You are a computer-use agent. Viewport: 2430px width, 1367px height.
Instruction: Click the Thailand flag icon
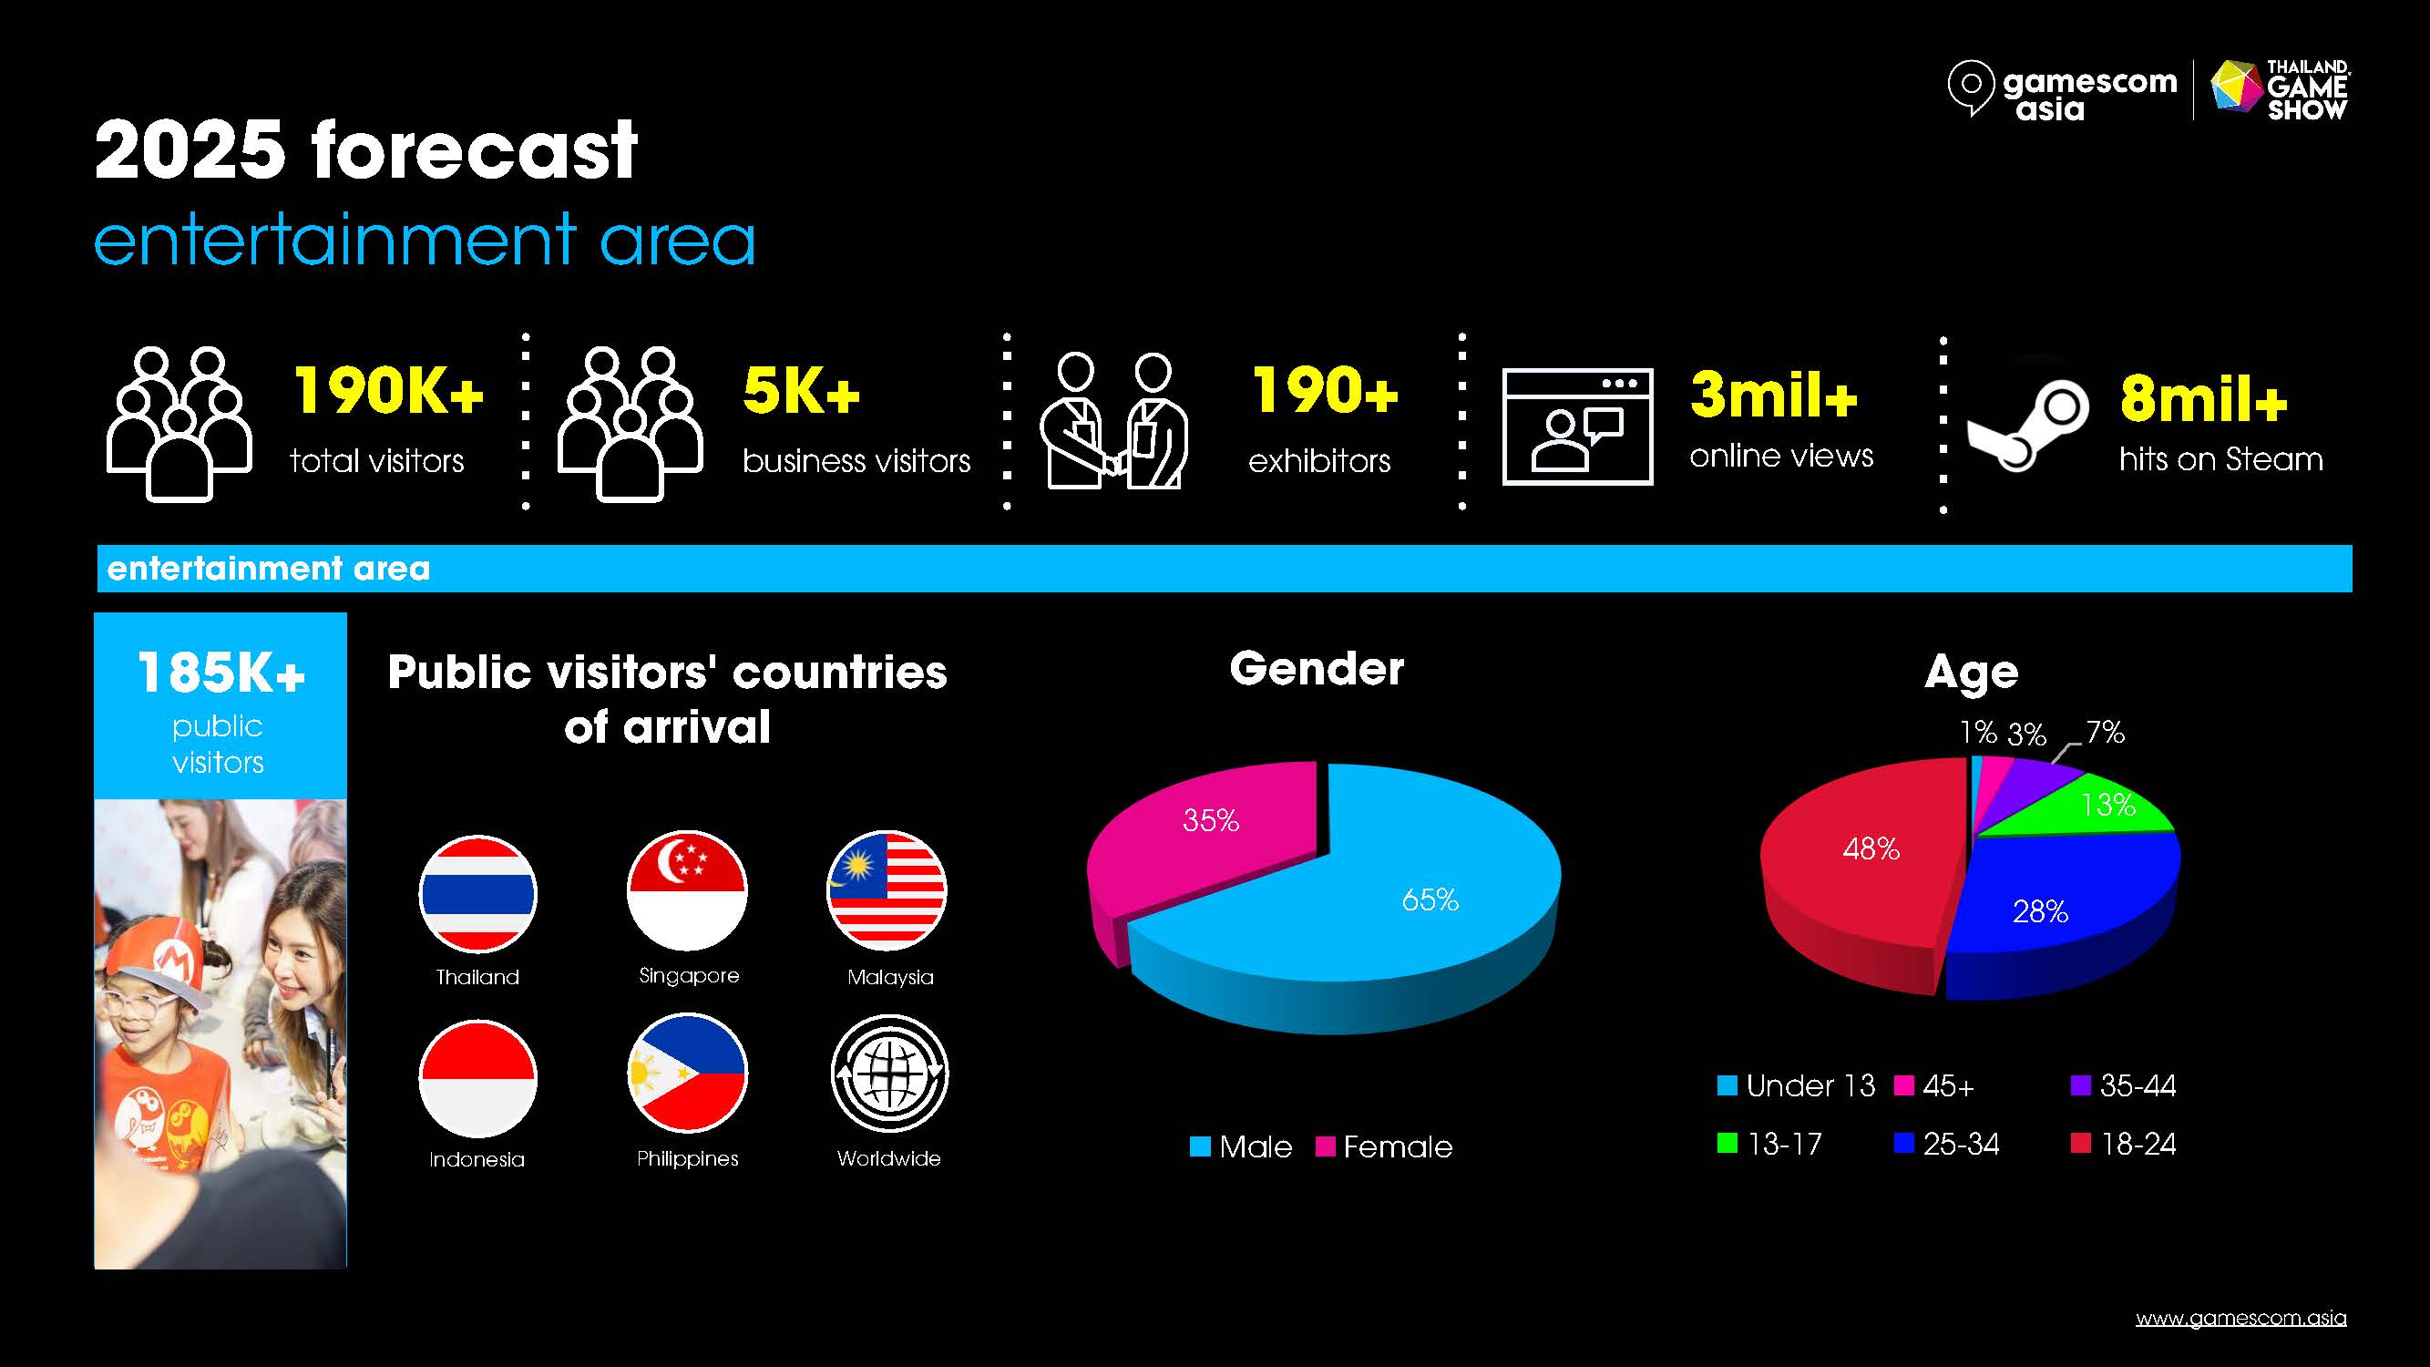tap(477, 893)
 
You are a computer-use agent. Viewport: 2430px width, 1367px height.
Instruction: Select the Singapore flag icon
tap(688, 890)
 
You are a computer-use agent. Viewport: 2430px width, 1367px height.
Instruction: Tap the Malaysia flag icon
tap(887, 890)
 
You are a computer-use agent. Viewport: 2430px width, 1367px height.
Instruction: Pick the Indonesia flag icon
tap(477, 1078)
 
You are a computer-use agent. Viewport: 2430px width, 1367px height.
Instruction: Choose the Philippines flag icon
tap(688, 1073)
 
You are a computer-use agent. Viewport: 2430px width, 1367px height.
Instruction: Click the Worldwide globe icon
tap(889, 1073)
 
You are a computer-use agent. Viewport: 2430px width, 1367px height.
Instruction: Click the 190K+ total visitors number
tap(389, 391)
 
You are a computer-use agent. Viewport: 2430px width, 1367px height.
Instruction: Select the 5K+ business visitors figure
tap(801, 391)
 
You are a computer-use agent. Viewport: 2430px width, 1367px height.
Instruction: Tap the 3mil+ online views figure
tap(1773, 394)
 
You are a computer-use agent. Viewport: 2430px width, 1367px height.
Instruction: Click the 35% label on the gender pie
tap(1210, 820)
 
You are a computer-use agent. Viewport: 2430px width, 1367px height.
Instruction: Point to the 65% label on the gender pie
tap(1430, 900)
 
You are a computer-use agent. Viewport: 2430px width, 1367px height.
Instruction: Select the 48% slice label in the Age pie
tap(1871, 849)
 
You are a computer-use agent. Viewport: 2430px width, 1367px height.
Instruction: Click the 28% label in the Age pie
tap(2040, 911)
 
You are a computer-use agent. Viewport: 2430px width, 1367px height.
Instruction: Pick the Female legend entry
tap(1385, 1146)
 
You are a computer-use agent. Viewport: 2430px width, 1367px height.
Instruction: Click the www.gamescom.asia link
tap(2241, 1318)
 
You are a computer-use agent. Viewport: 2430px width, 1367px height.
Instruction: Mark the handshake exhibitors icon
tap(1114, 421)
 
